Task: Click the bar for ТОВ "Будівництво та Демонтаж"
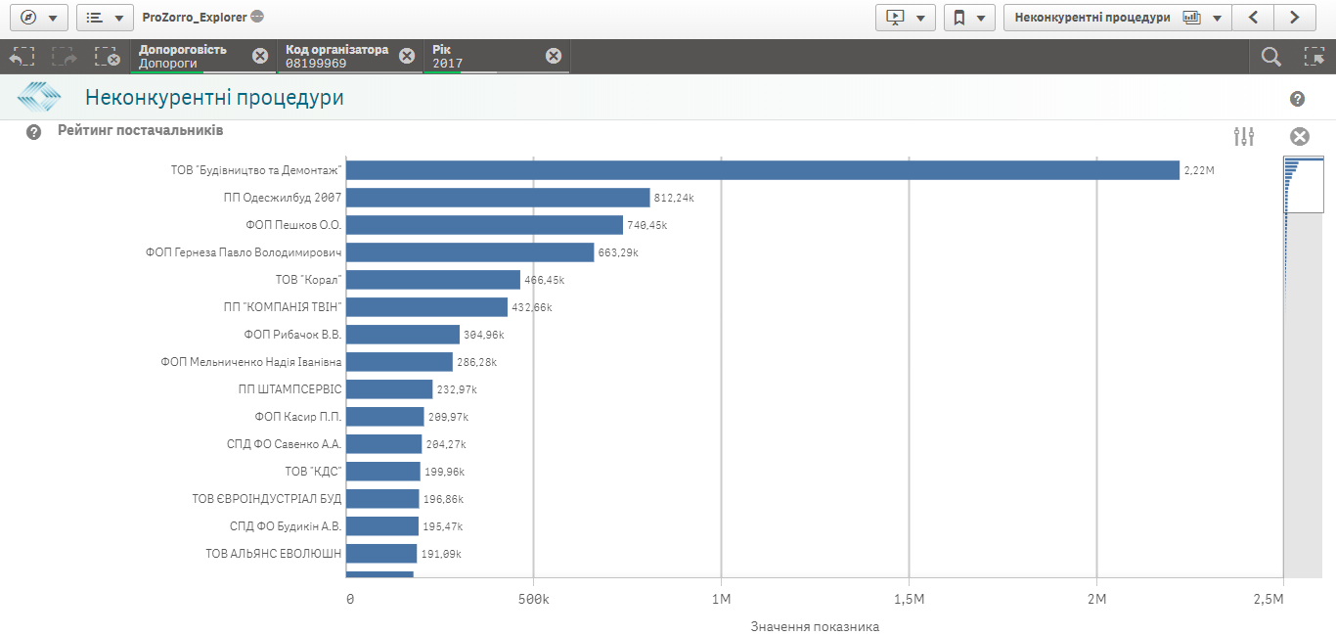click(x=763, y=170)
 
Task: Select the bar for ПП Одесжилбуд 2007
click(x=498, y=198)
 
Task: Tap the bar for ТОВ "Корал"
click(x=433, y=280)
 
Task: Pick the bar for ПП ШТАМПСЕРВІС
click(x=389, y=389)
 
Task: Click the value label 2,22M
click(x=1198, y=170)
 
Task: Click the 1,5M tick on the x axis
click(x=909, y=598)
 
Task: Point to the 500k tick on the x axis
click(x=533, y=598)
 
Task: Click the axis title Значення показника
click(x=815, y=626)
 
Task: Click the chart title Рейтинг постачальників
click(x=140, y=130)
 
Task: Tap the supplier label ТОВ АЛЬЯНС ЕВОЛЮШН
click(x=273, y=554)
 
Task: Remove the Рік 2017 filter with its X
click(x=554, y=56)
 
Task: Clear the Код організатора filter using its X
click(x=407, y=56)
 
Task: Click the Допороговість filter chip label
click(x=183, y=50)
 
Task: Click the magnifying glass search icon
click(x=1270, y=57)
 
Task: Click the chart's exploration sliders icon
click(x=1244, y=137)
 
